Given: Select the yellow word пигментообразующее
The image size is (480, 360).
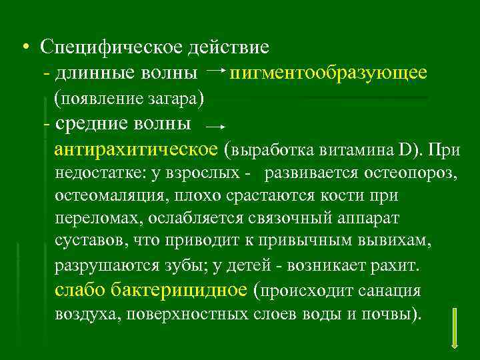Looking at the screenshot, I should tap(327, 72).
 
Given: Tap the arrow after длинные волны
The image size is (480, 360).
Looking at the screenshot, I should tap(215, 69).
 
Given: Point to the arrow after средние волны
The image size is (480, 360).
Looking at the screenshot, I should tap(213, 125).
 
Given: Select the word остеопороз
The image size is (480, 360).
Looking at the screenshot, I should tap(415, 174).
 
